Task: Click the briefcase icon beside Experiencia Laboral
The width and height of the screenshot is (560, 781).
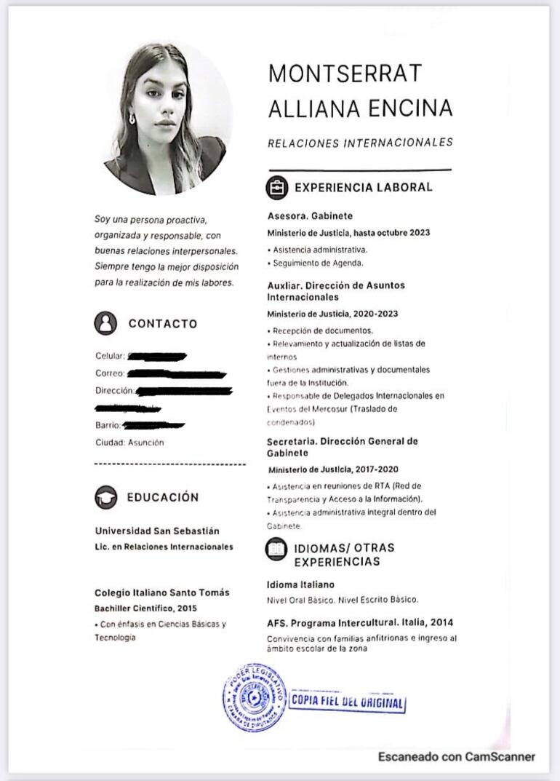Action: tap(277, 188)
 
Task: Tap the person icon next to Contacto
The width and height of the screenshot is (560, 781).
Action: tap(105, 323)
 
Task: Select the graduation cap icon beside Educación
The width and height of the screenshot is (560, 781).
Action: tap(105, 497)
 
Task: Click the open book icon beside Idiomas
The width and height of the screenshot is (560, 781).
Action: tap(277, 549)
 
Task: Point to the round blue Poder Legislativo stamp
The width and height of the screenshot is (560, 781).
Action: tap(254, 697)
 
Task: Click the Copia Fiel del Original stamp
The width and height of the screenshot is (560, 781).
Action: tap(348, 702)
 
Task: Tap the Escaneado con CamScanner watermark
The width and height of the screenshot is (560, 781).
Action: tap(456, 757)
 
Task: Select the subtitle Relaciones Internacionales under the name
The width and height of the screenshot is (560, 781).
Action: tap(360, 143)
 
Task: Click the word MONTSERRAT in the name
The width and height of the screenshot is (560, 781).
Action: tap(345, 74)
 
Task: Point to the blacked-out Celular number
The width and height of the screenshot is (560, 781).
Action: tap(157, 356)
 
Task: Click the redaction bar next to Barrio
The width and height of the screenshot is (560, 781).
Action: tap(153, 425)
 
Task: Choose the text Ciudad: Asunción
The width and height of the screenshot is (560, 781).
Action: tap(129, 443)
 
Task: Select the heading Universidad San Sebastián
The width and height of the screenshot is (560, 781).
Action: tap(156, 531)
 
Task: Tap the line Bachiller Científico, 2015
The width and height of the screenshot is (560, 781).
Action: tap(145, 608)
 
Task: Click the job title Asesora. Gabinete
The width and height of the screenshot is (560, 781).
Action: tap(310, 216)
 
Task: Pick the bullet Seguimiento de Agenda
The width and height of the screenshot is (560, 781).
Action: tap(315, 263)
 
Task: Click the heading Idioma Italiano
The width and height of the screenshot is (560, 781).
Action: tap(300, 584)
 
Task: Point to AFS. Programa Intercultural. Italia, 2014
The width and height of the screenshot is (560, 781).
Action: tap(360, 623)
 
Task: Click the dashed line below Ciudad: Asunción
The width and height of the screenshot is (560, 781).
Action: tap(170, 464)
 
